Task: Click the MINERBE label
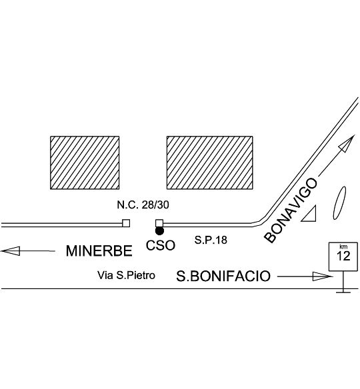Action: coord(99,250)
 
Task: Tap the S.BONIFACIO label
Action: coord(223,276)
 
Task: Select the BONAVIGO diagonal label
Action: coord(291,210)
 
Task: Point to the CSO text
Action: coord(161,245)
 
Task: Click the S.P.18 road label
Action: coord(211,240)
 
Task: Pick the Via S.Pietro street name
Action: coord(126,275)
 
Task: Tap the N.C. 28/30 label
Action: coord(143,204)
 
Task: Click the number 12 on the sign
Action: coord(343,256)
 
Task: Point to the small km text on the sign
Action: coord(343,246)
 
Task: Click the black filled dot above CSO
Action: coord(159,231)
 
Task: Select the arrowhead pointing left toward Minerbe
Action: coord(11,251)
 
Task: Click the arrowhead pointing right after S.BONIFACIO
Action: coord(322,276)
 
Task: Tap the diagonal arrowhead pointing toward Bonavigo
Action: coord(346,144)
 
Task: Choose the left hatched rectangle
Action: coord(85,163)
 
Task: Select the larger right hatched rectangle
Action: coord(210,163)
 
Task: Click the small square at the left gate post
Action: coord(126,223)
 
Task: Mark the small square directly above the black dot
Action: coord(159,223)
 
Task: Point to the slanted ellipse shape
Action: coord(339,202)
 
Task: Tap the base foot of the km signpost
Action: coord(343,292)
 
